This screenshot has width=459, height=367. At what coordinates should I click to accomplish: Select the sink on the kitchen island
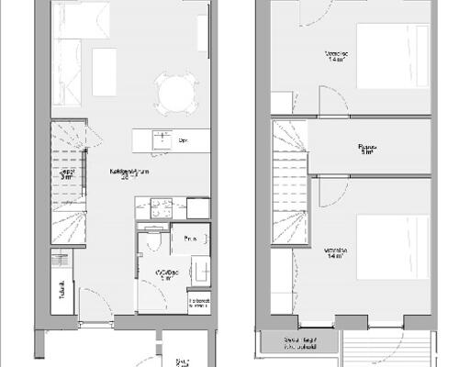(162, 139)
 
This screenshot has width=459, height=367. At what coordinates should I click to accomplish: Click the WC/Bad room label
(166, 273)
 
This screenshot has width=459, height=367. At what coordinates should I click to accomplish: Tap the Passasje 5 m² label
(366, 149)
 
